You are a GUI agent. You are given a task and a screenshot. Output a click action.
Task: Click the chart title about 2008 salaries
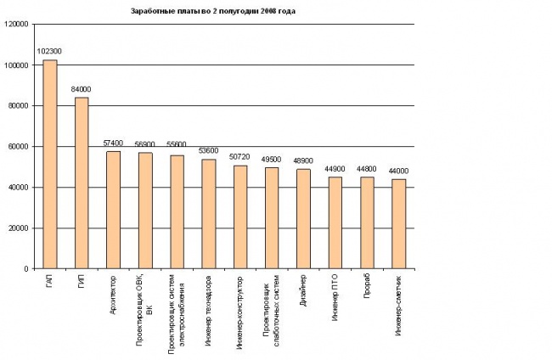(213, 11)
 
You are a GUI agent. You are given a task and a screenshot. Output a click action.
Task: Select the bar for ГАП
(50, 165)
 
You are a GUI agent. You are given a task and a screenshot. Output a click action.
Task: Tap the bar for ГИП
(82, 183)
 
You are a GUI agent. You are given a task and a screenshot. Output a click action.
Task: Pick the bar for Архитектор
(113, 210)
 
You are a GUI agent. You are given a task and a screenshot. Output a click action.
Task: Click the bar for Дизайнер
(303, 219)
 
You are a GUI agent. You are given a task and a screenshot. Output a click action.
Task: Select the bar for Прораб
(367, 223)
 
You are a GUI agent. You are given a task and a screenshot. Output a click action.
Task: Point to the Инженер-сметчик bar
(399, 224)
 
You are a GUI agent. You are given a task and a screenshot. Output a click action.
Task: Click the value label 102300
(49, 52)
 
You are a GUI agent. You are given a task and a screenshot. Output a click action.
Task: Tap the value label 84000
(81, 89)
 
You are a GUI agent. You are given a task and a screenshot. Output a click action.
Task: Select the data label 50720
(239, 157)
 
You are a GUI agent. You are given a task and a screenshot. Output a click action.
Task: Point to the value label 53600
(208, 151)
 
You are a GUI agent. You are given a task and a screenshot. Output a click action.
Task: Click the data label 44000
(398, 171)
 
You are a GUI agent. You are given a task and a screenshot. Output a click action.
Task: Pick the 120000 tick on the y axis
(16, 25)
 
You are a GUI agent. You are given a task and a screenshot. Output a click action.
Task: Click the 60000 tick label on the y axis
(18, 146)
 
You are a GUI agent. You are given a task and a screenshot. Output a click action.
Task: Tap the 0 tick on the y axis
(26, 269)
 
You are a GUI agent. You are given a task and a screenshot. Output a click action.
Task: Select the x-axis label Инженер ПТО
(335, 298)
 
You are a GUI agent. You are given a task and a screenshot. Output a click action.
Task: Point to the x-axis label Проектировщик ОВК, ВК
(144, 310)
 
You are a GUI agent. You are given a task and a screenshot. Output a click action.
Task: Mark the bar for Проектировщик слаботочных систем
(272, 218)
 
